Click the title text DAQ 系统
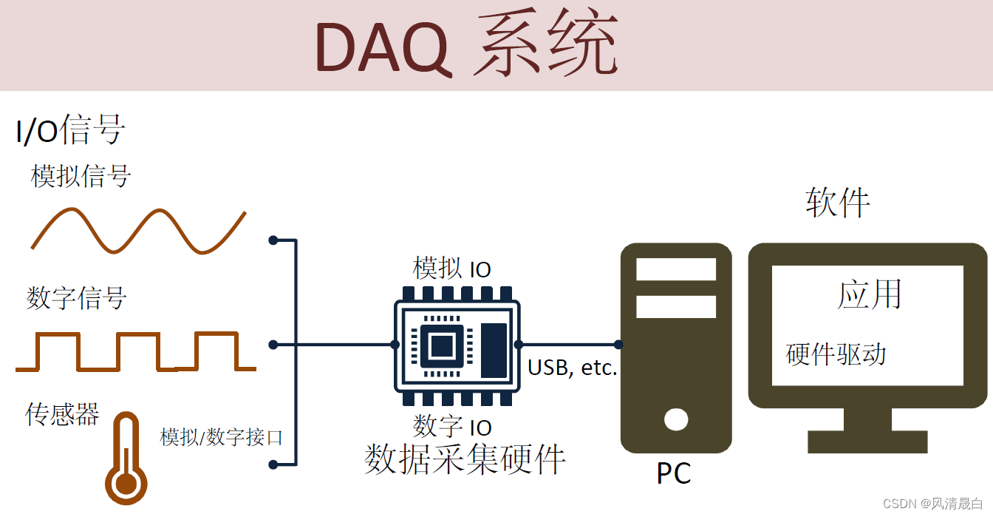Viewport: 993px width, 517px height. click(466, 46)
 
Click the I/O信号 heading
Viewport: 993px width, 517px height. click(70, 131)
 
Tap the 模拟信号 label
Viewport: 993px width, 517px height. click(81, 176)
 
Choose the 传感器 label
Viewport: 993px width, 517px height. click(62, 413)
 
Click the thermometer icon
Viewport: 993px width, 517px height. click(126, 461)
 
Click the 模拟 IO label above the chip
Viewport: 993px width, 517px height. click(452, 268)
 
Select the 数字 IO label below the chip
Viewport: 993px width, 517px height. click(452, 426)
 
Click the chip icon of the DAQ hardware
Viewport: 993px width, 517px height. click(456, 345)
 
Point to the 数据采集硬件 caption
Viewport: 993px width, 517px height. click(465, 459)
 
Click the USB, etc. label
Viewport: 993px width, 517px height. click(572, 368)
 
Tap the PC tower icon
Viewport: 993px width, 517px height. click(676, 348)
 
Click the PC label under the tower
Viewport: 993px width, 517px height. click(674, 473)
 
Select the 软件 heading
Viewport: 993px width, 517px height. click(838, 202)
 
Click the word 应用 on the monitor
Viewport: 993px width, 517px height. click(870, 294)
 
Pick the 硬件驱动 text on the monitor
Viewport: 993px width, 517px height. click(836, 354)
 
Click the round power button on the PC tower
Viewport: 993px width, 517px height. click(676, 419)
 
